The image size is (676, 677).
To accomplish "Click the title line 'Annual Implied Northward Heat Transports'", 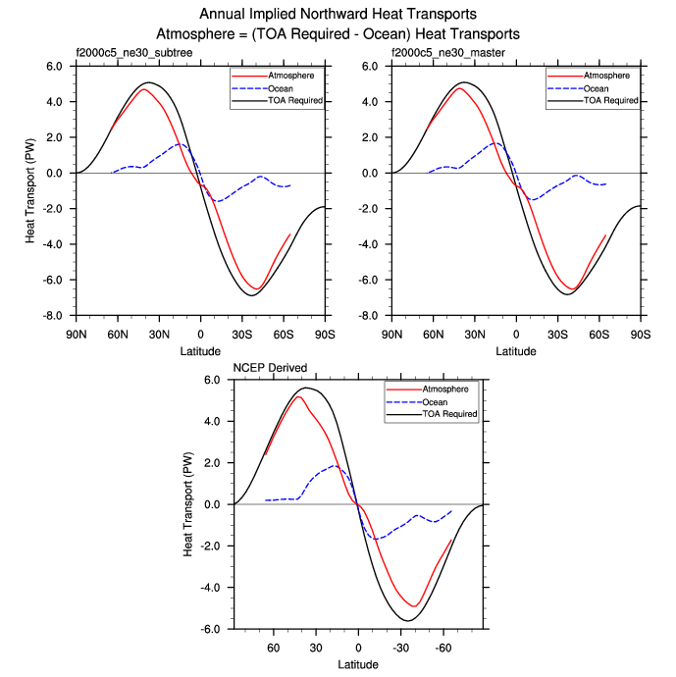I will (338, 15).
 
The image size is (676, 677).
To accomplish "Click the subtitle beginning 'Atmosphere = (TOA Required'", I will (338, 33).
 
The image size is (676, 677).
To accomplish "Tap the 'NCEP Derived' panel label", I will (270, 368).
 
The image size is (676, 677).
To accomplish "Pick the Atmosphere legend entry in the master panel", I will (607, 75).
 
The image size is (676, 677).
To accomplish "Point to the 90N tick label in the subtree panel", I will (76, 335).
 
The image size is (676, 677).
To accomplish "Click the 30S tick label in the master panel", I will (558, 335).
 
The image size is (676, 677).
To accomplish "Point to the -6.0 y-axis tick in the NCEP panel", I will (209, 629).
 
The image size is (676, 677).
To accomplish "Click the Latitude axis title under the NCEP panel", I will (359, 666).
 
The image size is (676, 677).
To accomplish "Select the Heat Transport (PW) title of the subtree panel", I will (30, 191).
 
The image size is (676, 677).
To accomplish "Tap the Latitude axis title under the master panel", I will (516, 350).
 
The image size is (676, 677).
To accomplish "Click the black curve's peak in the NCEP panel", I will (306, 388).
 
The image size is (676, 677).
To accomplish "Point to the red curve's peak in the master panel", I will (460, 88).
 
